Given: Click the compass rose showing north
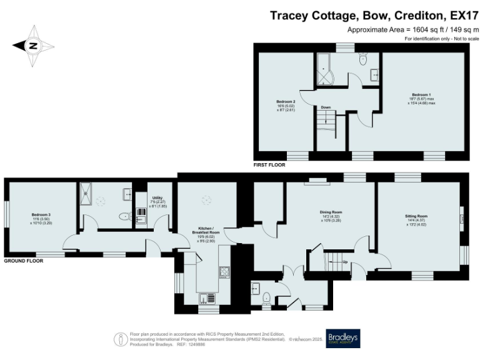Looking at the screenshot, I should (33, 45).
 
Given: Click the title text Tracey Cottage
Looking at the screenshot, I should (307, 16).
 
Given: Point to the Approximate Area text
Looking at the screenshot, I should (412, 29).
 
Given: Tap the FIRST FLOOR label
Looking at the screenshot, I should (269, 166).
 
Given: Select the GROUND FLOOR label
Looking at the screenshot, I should (24, 260).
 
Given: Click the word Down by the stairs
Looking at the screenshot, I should (326, 107).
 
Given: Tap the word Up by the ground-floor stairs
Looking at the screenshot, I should (345, 261).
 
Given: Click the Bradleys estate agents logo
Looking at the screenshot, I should (342, 338).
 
